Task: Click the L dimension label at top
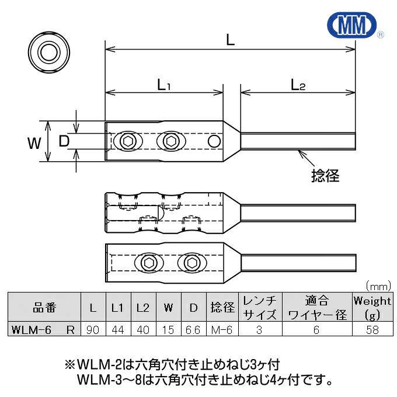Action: (231, 40)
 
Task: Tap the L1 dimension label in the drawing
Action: (163, 85)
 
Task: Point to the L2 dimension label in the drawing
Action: (298, 85)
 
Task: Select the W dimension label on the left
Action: (35, 142)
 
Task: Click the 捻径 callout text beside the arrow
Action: (325, 175)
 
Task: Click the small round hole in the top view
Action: (214, 141)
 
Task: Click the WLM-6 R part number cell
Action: (43, 330)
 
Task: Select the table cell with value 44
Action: (117, 330)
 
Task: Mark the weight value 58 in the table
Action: (372, 330)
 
